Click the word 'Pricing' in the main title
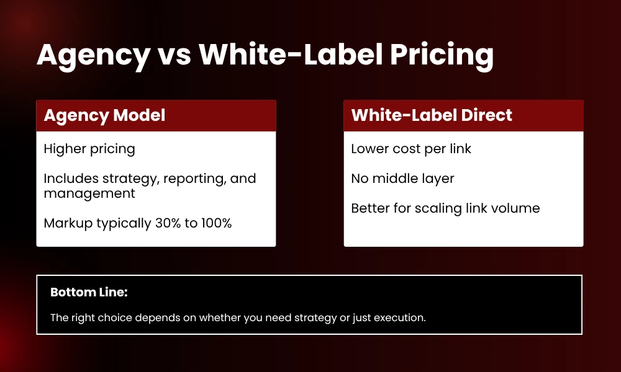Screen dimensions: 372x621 coord(442,56)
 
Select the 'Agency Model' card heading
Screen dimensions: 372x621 coord(104,115)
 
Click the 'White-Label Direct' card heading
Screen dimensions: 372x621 coord(432,115)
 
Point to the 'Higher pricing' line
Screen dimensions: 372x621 coord(89,149)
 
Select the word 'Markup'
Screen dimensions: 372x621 coord(66,223)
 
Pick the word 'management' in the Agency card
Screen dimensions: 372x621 coord(89,193)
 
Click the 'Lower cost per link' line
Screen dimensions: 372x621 coord(411,149)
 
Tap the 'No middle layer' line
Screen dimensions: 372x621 coord(402,179)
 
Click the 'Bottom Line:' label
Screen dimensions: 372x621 coord(88,292)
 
